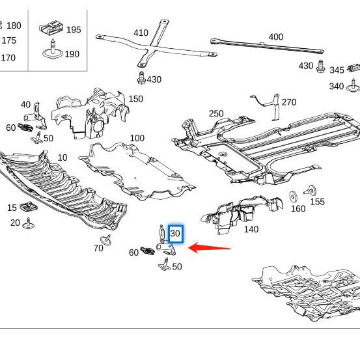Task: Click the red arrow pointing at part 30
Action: click(209, 247)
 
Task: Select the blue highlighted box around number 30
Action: click(175, 234)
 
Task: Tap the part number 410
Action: click(141, 33)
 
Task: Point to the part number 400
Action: click(275, 37)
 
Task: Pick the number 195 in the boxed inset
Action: click(74, 30)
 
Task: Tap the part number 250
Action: click(216, 114)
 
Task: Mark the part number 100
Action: click(137, 138)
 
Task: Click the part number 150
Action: click(135, 99)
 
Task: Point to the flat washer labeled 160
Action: click(293, 196)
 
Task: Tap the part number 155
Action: click(317, 202)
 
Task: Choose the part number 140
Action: click(251, 229)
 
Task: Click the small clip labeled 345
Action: click(355, 68)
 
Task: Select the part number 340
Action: click(337, 87)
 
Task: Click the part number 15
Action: click(12, 208)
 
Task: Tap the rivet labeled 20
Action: click(28, 225)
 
